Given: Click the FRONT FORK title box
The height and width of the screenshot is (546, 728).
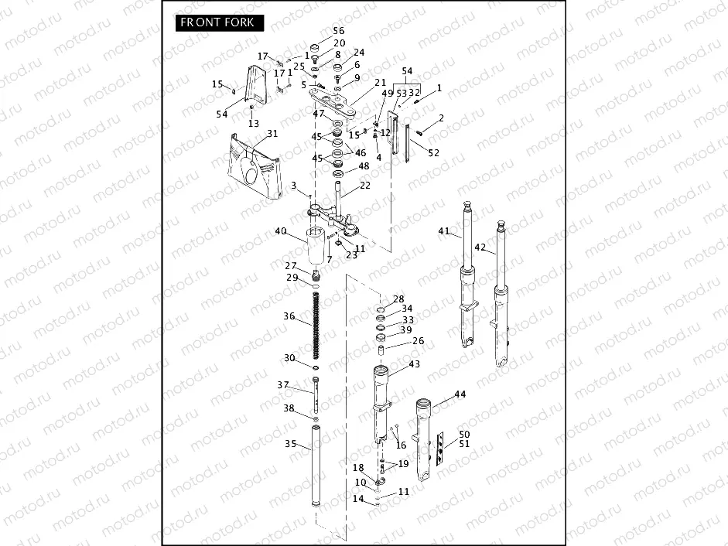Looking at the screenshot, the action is point(219,22).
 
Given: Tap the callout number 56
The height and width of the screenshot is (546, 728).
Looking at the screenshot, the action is point(338,31).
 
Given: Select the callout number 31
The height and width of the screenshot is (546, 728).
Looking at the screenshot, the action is point(272,134).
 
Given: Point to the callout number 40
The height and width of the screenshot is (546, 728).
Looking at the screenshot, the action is point(280,230).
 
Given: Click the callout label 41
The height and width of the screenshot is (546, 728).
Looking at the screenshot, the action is point(443,231).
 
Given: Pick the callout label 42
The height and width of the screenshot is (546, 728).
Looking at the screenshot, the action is point(480,247).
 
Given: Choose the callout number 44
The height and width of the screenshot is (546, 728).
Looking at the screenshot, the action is point(460,394).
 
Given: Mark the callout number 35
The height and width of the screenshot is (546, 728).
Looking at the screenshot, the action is point(290,444).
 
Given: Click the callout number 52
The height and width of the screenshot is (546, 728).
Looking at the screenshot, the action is point(433,152).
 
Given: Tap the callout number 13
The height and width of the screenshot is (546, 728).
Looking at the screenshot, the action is point(254,124).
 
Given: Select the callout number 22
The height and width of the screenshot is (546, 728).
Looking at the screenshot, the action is point(364,185).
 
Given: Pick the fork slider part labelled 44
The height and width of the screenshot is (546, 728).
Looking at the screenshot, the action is point(425,441).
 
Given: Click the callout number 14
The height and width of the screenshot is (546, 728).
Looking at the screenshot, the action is point(357,499).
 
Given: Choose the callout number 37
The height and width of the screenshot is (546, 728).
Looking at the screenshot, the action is point(283,385).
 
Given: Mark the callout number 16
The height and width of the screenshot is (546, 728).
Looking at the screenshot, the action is point(401,445).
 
